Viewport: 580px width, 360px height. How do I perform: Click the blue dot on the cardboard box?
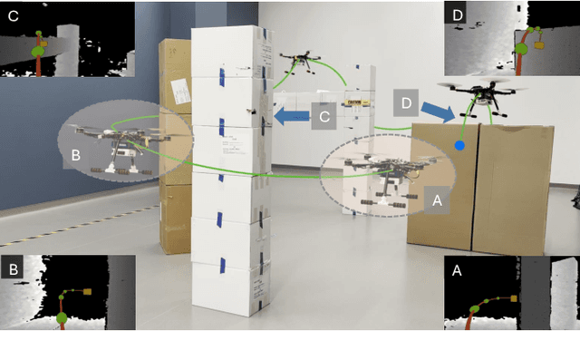(x=459, y=144)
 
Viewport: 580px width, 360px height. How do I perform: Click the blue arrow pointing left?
(x=291, y=116)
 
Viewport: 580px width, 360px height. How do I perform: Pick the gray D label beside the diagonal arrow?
(x=407, y=102)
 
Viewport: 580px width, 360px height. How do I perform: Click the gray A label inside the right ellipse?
(x=436, y=200)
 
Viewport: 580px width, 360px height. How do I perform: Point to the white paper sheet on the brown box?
(x=179, y=92)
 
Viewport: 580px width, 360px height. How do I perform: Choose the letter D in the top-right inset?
(x=457, y=15)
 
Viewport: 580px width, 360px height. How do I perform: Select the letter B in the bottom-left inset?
(x=13, y=270)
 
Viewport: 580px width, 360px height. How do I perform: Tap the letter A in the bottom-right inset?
(x=456, y=270)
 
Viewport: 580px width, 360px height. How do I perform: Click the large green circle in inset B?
(x=62, y=318)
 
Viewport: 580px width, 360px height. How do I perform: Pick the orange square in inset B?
(x=87, y=292)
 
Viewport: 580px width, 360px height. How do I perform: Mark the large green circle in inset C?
(x=38, y=52)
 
